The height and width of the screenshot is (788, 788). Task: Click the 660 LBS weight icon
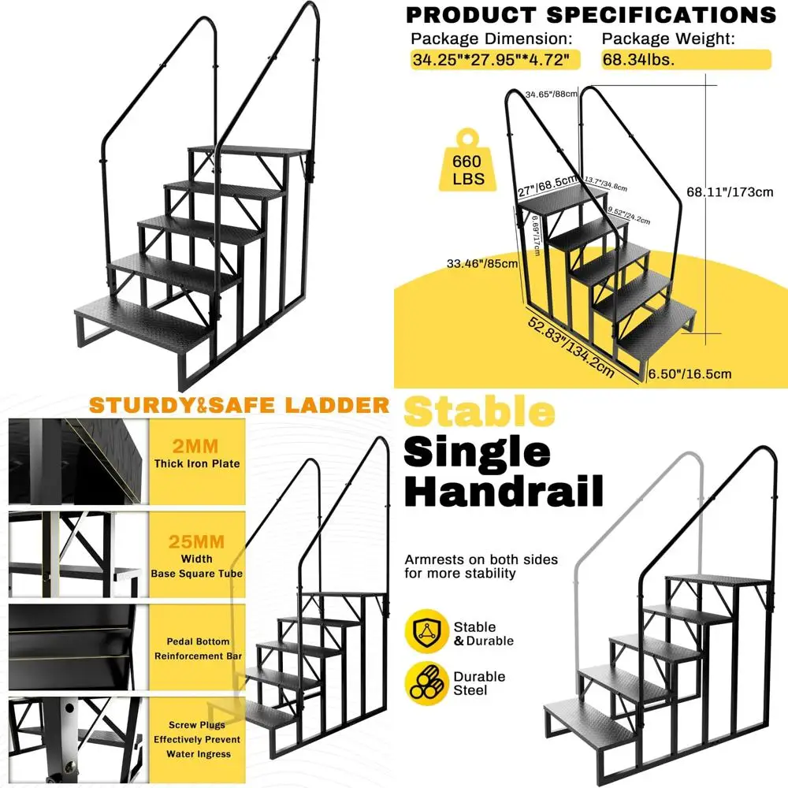click(469, 164)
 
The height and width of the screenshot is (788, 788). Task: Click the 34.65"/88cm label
click(552, 95)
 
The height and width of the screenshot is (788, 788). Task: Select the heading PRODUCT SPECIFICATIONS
click(590, 15)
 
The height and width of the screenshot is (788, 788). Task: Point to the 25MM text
click(196, 542)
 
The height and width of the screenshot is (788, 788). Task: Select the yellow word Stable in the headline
click(479, 413)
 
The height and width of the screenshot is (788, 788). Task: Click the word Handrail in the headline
click(504, 491)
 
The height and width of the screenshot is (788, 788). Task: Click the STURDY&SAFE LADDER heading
click(239, 406)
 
